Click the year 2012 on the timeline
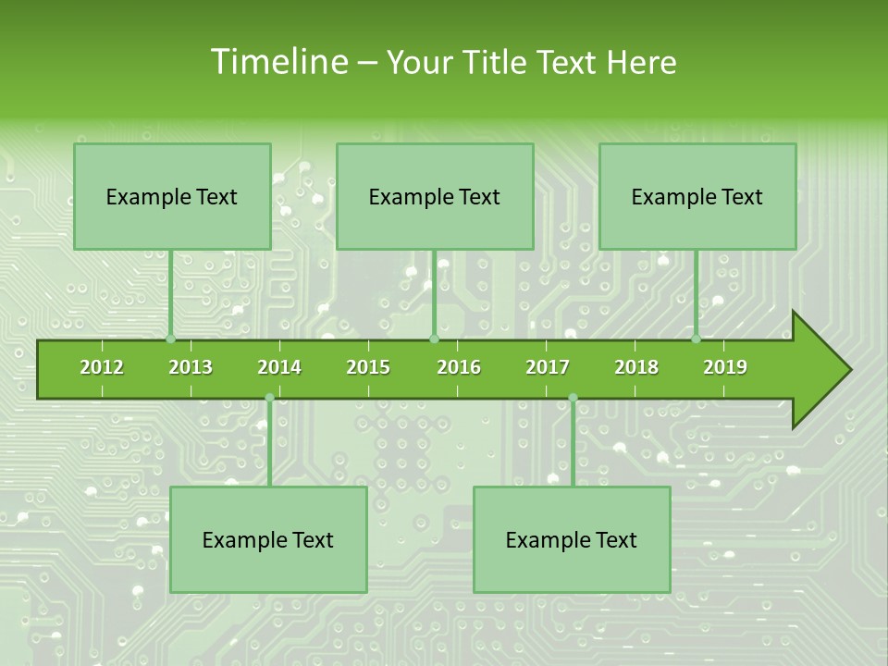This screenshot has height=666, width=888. tap(102, 367)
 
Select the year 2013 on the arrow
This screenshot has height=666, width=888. tap(191, 367)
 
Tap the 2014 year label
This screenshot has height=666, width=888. tap(279, 367)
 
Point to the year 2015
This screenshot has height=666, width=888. tap(368, 367)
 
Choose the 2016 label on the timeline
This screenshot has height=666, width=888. tap(459, 367)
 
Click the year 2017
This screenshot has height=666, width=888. tap(548, 367)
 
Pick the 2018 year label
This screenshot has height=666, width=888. tap(636, 367)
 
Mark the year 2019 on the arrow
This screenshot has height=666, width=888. tap(725, 367)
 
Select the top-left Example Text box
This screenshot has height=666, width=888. tap(172, 197)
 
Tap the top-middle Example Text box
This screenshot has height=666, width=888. tap(435, 197)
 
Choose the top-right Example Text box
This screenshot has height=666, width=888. tap(697, 197)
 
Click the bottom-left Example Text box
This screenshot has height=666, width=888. tap(268, 540)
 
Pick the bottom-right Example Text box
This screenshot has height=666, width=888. tap(572, 540)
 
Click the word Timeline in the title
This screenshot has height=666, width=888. tap(277, 62)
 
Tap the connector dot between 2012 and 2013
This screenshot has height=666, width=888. tap(171, 339)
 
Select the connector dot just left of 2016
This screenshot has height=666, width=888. tap(434, 339)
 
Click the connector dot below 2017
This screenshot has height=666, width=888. tap(573, 398)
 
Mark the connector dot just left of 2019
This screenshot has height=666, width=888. tap(697, 339)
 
